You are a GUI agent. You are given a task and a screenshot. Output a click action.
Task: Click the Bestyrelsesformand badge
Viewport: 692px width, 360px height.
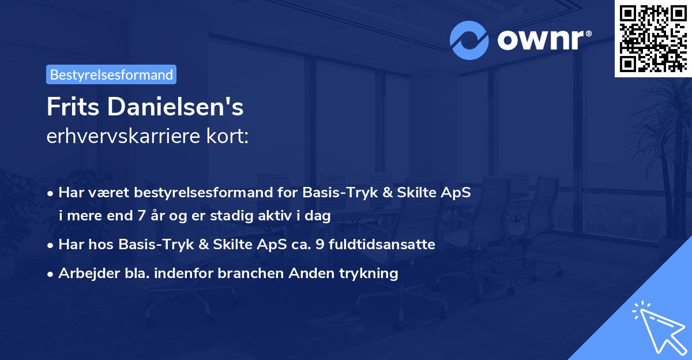(x=111, y=74)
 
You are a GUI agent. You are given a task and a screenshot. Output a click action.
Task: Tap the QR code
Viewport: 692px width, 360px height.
(x=653, y=39)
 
